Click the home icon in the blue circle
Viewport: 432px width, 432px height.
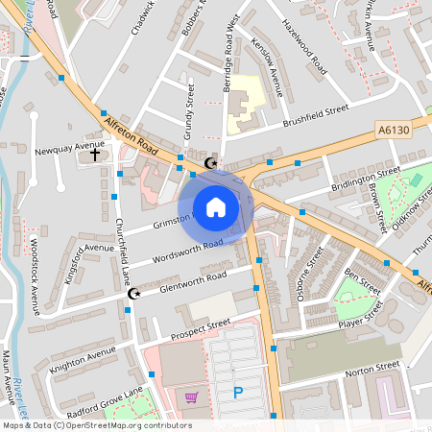[x=216, y=206]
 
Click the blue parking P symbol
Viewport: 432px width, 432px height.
[x=238, y=392]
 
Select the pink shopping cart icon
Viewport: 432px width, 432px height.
[x=192, y=396]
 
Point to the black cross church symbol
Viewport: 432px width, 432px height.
[x=95, y=154]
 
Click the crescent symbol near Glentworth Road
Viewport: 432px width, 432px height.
[x=134, y=294]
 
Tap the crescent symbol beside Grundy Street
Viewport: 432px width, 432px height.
[x=212, y=162]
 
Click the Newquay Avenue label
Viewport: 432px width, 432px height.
[x=60, y=152]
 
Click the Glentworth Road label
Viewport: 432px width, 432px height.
[x=194, y=276]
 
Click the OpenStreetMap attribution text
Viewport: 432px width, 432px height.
[x=96, y=424]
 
